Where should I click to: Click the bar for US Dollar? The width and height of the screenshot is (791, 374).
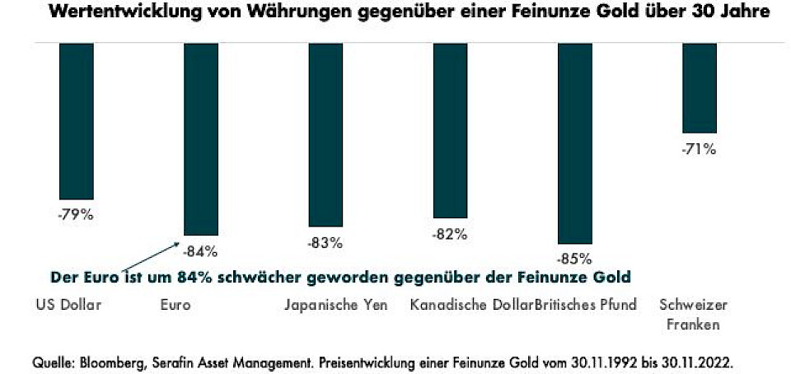[77, 120]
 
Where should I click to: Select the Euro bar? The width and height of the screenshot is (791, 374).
[201, 138]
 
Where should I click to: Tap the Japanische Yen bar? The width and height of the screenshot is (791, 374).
[325, 134]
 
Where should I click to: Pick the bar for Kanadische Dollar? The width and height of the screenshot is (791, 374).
[450, 130]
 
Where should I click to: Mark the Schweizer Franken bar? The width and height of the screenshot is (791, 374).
[699, 87]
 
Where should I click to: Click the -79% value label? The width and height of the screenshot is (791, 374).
[77, 217]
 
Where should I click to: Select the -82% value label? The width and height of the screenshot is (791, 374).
[450, 234]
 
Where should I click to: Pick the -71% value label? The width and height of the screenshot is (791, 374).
[699, 149]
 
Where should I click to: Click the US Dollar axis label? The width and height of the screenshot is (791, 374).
[68, 305]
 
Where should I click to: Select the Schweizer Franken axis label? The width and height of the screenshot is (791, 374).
[690, 314]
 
